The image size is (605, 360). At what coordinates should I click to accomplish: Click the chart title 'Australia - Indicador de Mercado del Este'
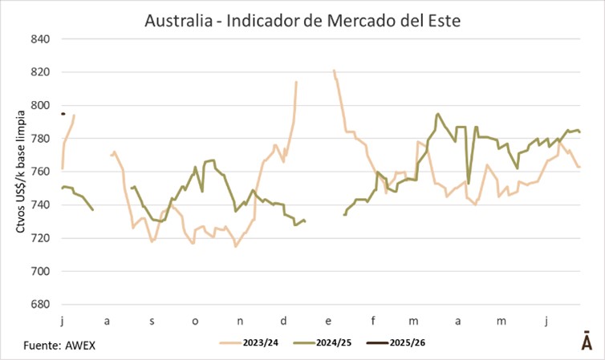[302, 19]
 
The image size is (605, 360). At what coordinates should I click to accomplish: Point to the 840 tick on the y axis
[40, 39]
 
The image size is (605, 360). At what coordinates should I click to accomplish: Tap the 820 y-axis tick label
[40, 72]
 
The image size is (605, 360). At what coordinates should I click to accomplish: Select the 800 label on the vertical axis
[40, 105]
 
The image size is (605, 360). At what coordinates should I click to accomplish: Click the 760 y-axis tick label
[40, 172]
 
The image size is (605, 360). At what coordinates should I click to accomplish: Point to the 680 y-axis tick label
[40, 305]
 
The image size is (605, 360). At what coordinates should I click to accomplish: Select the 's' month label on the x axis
[152, 321]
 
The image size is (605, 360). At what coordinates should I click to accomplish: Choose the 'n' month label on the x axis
[241, 321]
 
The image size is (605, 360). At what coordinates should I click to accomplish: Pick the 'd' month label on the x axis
[284, 321]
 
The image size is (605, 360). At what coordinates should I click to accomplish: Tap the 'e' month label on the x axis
[329, 321]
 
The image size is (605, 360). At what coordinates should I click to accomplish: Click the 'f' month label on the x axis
[373, 321]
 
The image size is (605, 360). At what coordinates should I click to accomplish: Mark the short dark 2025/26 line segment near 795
[63, 114]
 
